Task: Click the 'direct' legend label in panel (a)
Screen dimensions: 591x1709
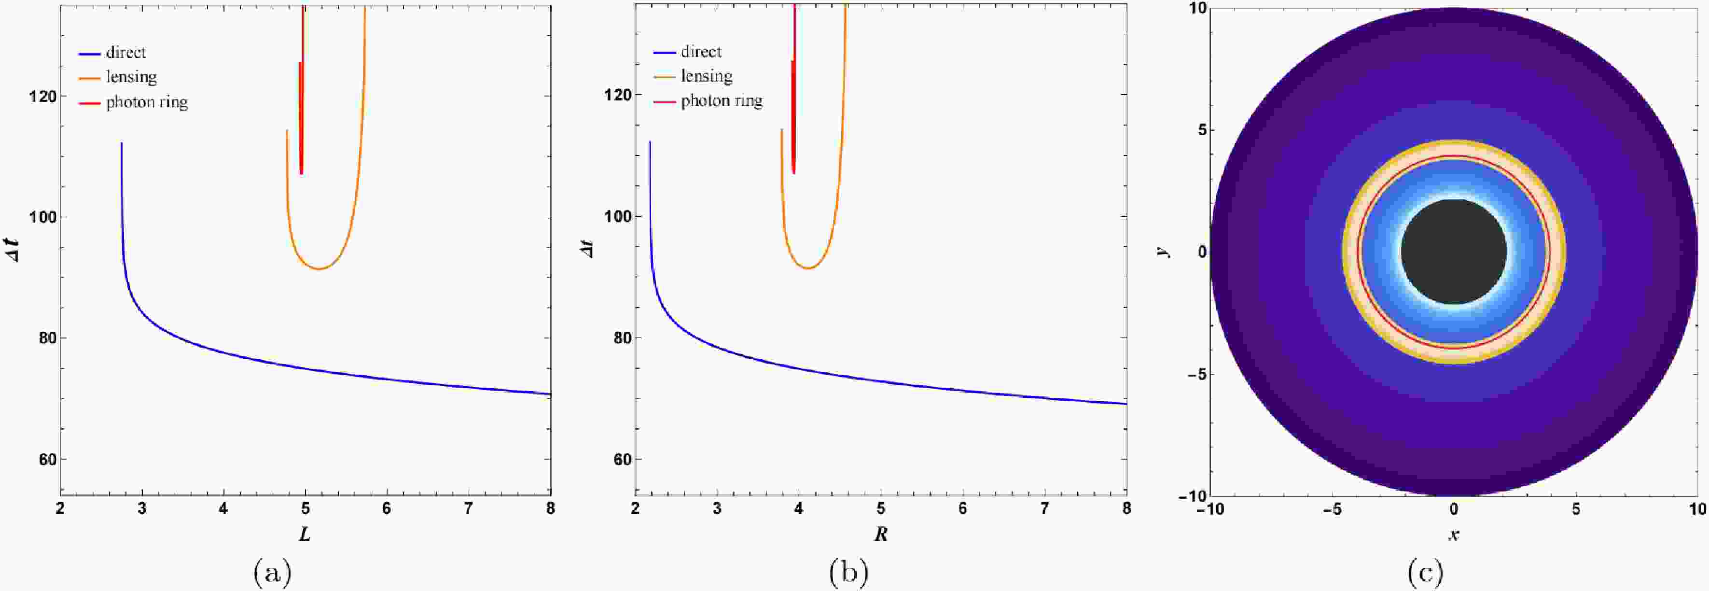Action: tap(125, 53)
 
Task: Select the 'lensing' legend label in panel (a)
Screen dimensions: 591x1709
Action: tap(131, 77)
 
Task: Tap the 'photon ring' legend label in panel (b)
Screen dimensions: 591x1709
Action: tap(722, 101)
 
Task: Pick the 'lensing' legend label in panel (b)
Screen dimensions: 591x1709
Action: tap(707, 76)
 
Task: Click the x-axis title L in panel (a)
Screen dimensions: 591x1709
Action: tap(305, 535)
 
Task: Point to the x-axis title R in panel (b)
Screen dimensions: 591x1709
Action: tap(880, 535)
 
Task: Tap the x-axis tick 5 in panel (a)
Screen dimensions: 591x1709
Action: tap(305, 508)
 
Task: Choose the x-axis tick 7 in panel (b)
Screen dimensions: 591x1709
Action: tap(1045, 508)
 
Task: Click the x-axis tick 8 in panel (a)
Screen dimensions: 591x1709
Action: tap(550, 508)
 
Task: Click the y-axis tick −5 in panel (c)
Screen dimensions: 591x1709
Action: tap(1192, 374)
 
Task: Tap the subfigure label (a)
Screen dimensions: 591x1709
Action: tap(272, 572)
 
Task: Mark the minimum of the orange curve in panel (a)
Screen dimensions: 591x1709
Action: tap(319, 269)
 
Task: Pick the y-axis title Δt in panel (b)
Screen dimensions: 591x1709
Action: tap(587, 249)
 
